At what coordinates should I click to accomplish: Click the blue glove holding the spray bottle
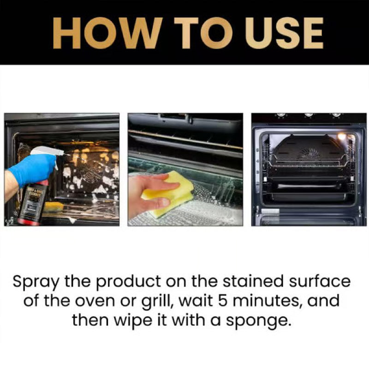pyautogui.click(x=32, y=169)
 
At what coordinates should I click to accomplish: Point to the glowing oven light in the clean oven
pyautogui.click(x=342, y=137)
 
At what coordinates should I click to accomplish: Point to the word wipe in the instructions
pyautogui.click(x=134, y=321)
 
